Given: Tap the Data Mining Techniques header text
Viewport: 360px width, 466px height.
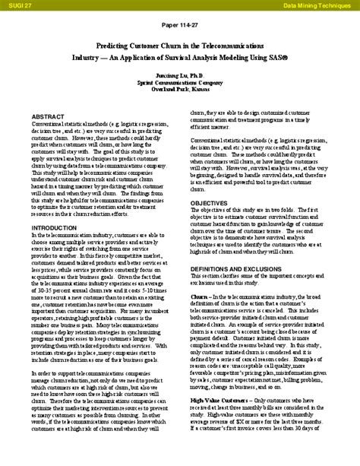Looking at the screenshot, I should pos(318,5).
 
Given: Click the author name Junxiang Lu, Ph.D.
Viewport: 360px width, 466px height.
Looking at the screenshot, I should pos(180,77).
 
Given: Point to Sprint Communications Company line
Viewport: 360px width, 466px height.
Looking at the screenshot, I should pos(180,84).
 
